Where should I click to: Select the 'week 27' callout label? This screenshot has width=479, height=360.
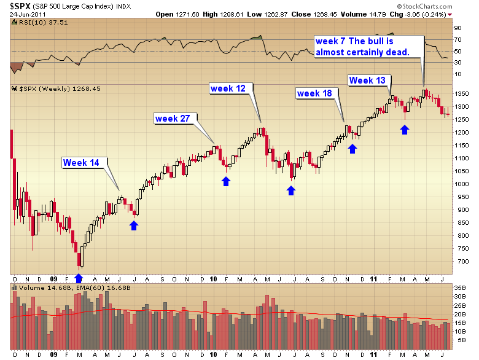coord(173,118)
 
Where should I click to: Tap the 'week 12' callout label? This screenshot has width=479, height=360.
coord(228,88)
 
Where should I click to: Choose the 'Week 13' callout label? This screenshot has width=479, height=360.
coord(367,80)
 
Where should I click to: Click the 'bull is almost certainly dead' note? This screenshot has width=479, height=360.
coord(362,47)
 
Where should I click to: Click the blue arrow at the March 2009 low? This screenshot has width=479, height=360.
coord(79,279)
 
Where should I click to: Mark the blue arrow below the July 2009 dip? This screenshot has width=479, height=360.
coord(134,225)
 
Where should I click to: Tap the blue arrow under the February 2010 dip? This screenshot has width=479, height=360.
coord(226,181)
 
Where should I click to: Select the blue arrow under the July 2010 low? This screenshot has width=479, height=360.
coord(291,190)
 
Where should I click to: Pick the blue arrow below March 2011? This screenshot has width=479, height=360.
coord(404,129)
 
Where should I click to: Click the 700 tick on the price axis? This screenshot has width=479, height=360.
coord(461,262)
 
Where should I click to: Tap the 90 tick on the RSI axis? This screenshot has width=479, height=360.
coord(458,28)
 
